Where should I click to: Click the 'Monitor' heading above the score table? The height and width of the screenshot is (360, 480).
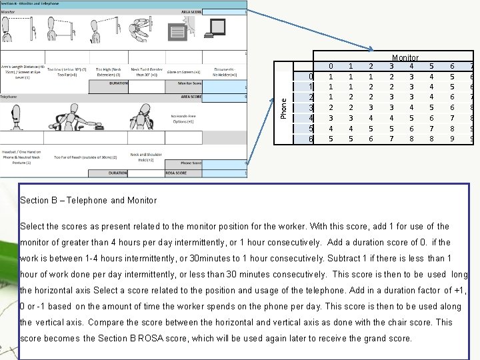pyautogui.click(x=405, y=59)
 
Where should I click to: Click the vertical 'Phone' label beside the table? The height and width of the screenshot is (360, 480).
pyautogui.click(x=284, y=105)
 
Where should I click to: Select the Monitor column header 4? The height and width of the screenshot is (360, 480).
pyautogui.click(x=411, y=67)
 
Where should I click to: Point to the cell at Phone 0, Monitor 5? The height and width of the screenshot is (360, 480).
pyautogui.click(x=432, y=77)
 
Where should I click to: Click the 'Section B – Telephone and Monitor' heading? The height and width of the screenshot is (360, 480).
pyautogui.click(x=89, y=200)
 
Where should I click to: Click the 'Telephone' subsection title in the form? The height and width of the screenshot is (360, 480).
pyautogui.click(x=9, y=97)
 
